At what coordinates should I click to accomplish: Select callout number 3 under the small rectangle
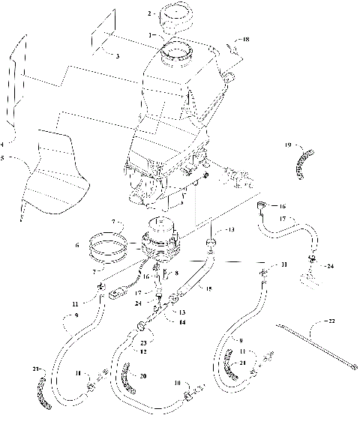pos(118,56)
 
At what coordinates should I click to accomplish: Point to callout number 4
pos(3,143)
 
